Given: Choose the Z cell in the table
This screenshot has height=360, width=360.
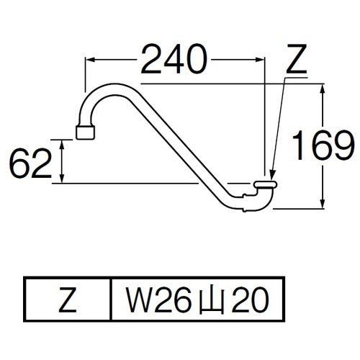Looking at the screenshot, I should pos(68,297).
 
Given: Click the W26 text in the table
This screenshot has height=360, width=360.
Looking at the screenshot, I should pos(153,297).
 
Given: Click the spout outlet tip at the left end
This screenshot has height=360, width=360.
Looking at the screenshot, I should pos(85,132).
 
